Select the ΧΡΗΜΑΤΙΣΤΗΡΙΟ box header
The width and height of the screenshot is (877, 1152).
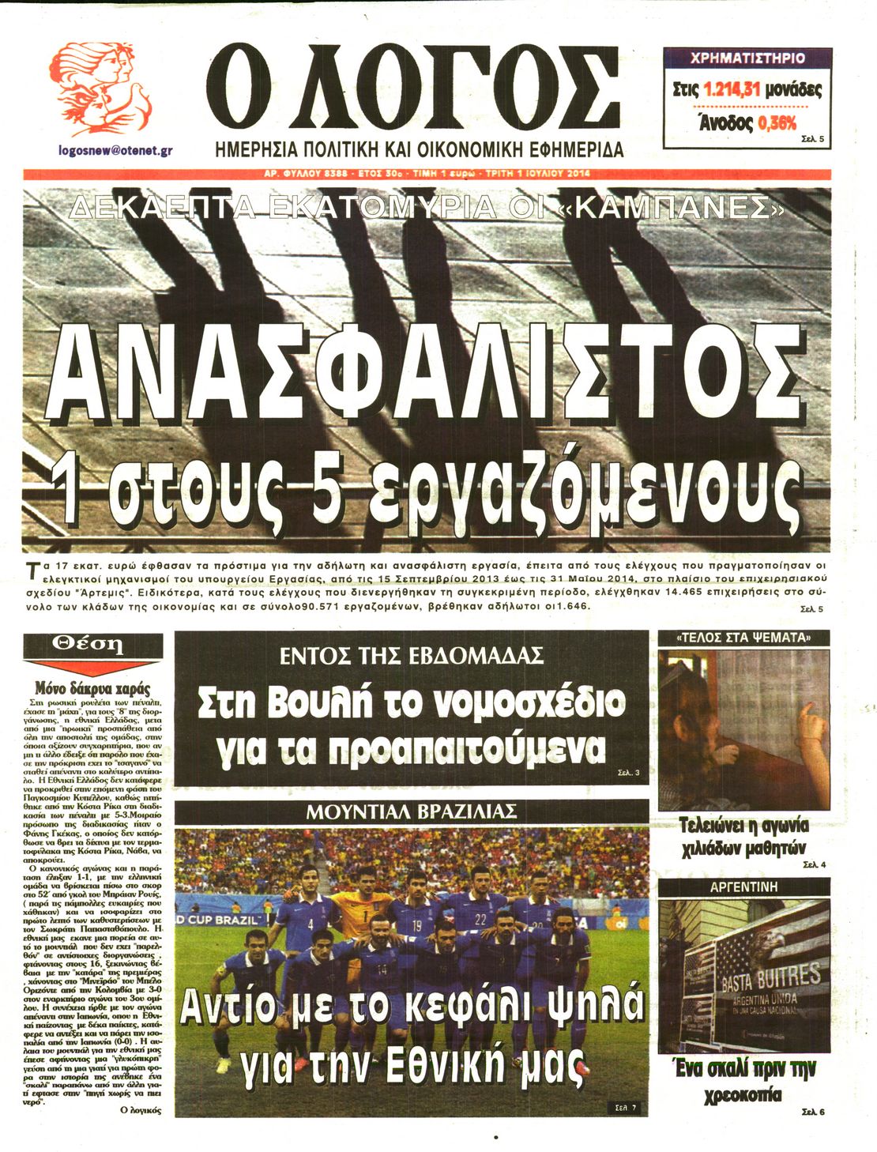pos(747,58)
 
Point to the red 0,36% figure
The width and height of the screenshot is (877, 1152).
pos(777,122)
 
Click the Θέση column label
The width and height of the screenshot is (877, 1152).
pos(93,644)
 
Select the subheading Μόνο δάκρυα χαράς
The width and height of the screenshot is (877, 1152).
pos(93,687)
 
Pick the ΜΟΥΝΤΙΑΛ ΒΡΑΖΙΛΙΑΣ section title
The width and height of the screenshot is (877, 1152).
pos(412,811)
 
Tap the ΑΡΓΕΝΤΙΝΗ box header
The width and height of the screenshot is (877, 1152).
pos(743,887)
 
